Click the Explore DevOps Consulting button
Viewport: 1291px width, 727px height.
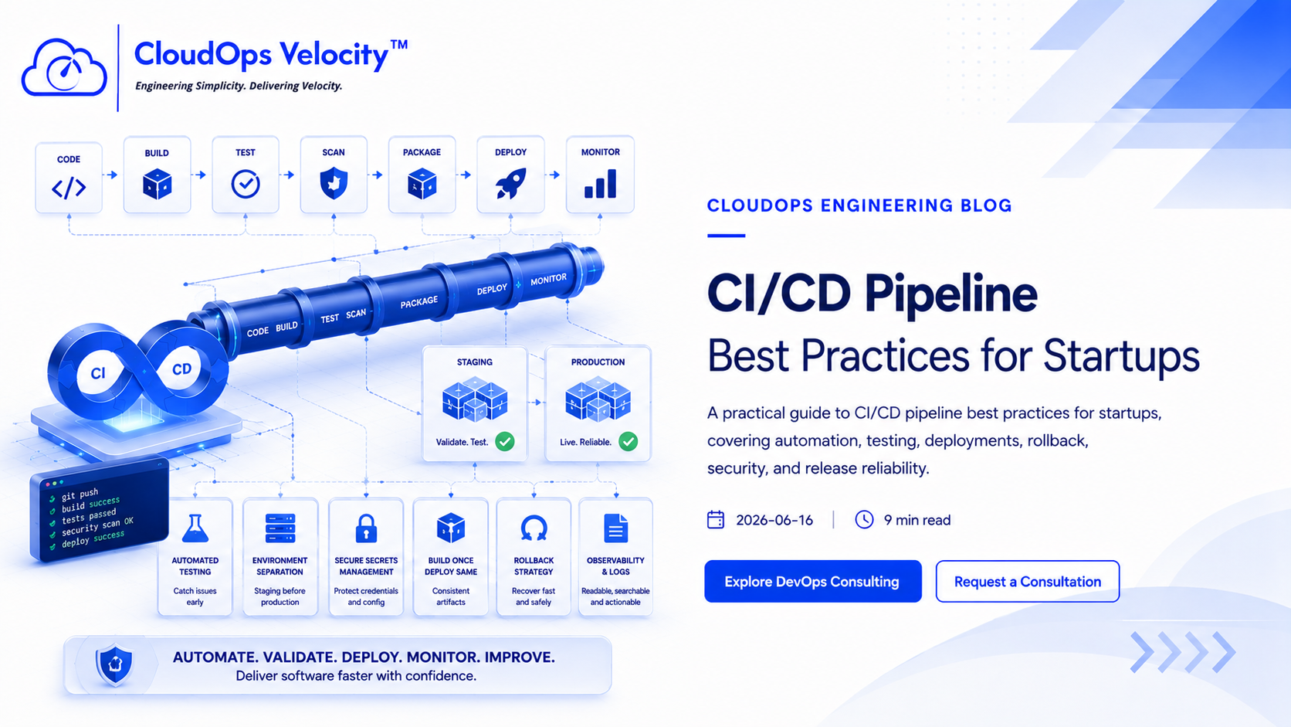tap(812, 581)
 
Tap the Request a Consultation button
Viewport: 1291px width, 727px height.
tap(1028, 581)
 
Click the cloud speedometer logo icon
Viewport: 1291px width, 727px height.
tap(64, 67)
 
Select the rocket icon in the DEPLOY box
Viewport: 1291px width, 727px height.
tap(510, 183)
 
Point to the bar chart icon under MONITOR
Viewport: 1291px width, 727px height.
tap(600, 184)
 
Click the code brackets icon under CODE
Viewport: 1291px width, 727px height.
tap(69, 188)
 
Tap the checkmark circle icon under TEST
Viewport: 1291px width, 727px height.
tap(246, 184)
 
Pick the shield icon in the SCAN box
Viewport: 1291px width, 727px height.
tap(334, 184)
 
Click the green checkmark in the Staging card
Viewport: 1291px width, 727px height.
tap(505, 442)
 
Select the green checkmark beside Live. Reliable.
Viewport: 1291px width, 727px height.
tap(629, 442)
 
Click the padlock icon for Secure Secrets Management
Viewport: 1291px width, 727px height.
tap(366, 528)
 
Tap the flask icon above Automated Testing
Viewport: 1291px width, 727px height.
tap(195, 528)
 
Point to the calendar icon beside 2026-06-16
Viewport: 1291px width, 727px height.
tap(716, 519)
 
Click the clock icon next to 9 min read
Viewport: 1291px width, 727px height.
tap(864, 519)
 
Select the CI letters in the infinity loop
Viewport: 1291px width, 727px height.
tap(98, 374)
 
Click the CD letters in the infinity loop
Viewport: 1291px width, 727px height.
tap(182, 369)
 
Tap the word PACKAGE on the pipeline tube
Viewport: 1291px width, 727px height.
tap(419, 302)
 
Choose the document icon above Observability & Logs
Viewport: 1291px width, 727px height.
tap(615, 528)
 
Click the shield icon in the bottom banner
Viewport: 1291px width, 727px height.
tap(115, 664)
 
